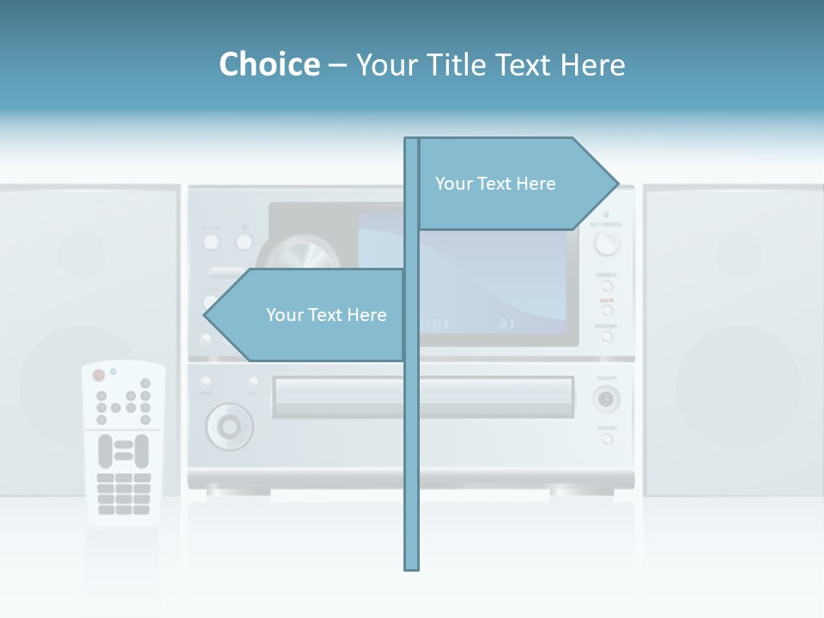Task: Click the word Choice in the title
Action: [x=269, y=64]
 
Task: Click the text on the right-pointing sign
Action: [x=495, y=184]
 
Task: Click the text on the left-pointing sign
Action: [x=326, y=315]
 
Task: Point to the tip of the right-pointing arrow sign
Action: [x=617, y=183]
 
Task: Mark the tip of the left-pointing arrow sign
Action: [x=205, y=315]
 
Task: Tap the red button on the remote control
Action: [x=99, y=375]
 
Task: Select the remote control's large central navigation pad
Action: [x=124, y=451]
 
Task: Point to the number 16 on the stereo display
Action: [x=506, y=324]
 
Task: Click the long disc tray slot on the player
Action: [x=422, y=397]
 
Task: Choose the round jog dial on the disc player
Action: [x=229, y=425]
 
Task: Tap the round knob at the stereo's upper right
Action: [x=606, y=244]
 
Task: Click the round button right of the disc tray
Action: [x=607, y=399]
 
